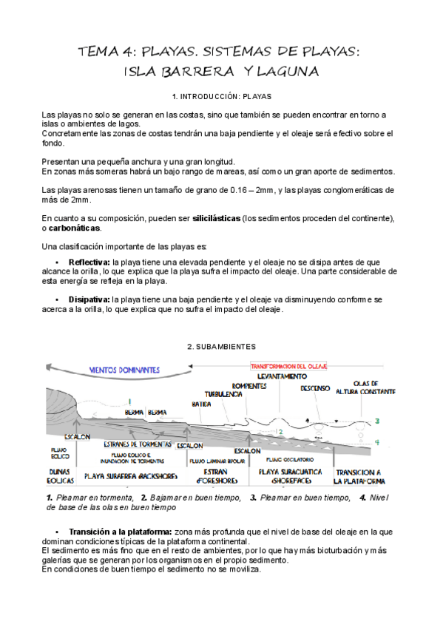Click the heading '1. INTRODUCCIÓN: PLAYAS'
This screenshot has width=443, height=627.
click(x=221, y=96)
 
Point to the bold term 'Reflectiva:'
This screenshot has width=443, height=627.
click(x=89, y=262)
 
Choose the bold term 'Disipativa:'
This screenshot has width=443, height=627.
click(x=89, y=299)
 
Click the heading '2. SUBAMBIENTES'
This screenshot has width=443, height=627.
click(x=221, y=346)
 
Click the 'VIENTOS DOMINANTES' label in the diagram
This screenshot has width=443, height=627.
click(x=124, y=369)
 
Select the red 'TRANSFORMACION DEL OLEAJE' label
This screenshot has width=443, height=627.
click(x=294, y=366)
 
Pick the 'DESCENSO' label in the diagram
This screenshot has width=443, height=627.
click(x=315, y=388)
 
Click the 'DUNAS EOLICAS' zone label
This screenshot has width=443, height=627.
click(x=61, y=475)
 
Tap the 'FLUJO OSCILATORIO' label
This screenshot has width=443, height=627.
click(x=282, y=460)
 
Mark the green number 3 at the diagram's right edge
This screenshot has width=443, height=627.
click(x=376, y=421)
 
